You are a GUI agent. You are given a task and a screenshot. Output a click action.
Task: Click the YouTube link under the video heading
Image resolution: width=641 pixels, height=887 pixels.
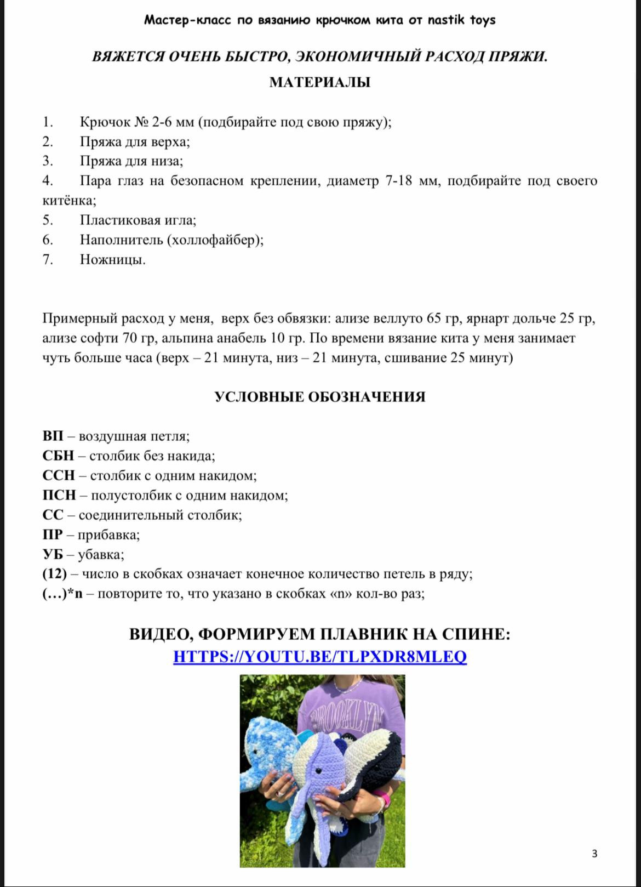pos(320,656)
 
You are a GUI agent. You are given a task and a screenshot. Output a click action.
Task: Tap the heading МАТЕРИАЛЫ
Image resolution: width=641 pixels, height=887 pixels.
pos(320,82)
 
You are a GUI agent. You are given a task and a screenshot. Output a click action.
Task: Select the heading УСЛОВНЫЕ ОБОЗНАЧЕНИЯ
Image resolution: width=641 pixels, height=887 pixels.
pos(320,397)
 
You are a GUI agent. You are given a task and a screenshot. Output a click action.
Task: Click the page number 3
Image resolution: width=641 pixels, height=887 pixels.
pos(594,853)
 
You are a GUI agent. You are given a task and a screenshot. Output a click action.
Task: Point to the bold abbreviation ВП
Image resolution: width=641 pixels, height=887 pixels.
pos(53,436)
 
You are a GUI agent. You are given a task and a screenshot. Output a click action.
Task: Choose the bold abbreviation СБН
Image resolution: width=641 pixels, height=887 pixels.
pos(58,456)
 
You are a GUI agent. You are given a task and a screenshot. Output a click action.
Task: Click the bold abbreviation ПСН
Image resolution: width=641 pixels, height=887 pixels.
pos(59,495)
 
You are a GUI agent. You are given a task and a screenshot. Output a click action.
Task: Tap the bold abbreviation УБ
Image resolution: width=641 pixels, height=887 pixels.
pos(52,554)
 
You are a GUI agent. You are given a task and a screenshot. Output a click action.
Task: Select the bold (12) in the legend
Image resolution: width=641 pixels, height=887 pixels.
pos(54,574)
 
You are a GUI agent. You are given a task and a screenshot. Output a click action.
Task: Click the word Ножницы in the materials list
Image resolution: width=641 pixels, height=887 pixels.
pos(112,259)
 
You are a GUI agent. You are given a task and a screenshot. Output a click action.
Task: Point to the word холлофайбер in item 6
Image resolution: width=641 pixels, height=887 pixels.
pos(214,240)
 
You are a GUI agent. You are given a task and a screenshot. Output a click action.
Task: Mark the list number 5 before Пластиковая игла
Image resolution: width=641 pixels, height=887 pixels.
pos(47,220)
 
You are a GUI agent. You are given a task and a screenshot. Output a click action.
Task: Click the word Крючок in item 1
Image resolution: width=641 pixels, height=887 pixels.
pos(105,122)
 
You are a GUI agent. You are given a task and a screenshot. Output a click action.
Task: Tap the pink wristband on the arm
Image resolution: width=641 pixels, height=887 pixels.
pos(386,801)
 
